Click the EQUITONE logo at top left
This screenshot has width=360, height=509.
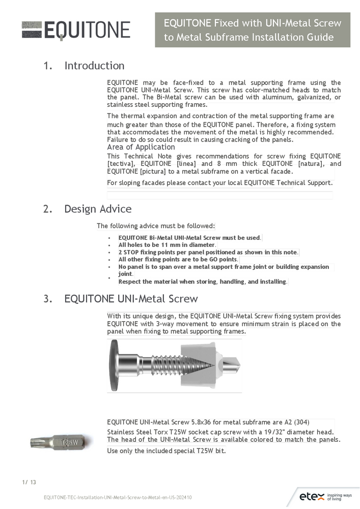pos(76,30)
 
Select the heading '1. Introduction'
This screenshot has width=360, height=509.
pos(84,66)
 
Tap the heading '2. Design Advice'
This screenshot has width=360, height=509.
pos(88,209)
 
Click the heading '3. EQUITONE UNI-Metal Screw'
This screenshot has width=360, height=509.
pos(121,298)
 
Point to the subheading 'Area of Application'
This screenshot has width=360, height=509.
pos(141,147)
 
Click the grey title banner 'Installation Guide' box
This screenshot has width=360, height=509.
pos(253,30)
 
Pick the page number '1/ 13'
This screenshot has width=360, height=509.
pos(29,482)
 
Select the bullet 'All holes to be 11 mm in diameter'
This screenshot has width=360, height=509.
pos(167,245)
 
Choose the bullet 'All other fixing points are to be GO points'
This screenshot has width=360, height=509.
pos(178,259)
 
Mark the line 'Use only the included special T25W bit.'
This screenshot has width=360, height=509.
pos(167,450)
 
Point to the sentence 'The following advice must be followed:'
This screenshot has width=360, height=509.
pos(156,225)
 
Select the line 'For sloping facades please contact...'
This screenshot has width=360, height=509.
pos(220,182)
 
